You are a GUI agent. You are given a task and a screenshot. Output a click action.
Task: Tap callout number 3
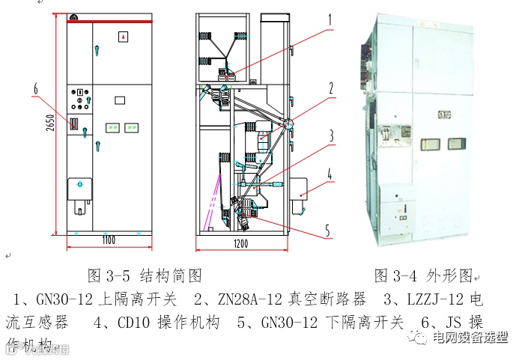pos(330,136)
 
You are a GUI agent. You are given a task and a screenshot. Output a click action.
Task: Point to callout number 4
pos(330,177)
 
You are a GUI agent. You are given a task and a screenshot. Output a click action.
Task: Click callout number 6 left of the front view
pos(35,91)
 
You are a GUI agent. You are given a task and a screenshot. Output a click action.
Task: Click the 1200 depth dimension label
pos(242,244)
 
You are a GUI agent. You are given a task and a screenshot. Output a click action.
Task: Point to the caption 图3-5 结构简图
pos(145,276)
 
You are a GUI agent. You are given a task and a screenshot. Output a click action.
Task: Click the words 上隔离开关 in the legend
pos(142,299)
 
